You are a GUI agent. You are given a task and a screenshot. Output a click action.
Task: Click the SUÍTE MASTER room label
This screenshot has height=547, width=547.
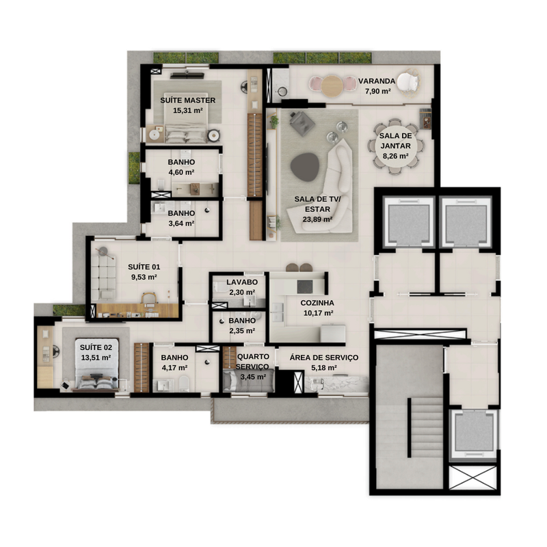pyautogui.click(x=187, y=101)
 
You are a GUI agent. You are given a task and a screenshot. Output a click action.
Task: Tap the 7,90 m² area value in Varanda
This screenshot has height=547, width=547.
pyautogui.click(x=377, y=92)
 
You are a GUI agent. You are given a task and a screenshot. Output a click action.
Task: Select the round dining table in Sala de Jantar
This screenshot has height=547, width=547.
pyautogui.click(x=395, y=146)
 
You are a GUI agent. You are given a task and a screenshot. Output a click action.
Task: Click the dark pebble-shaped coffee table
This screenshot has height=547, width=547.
pyautogui.click(x=305, y=167)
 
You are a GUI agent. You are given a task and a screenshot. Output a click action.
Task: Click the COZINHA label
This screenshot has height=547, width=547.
pyautogui.click(x=317, y=303)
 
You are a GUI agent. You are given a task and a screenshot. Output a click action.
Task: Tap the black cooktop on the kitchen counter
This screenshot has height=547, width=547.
pyautogui.click(x=305, y=286)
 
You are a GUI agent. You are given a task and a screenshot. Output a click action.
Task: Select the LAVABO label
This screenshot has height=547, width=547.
pyautogui.click(x=242, y=282)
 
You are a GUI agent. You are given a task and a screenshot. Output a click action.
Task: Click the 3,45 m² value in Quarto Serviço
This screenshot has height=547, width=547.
pyautogui.click(x=253, y=377)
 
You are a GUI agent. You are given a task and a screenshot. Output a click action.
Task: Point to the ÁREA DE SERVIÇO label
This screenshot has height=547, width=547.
pyautogui.click(x=323, y=358)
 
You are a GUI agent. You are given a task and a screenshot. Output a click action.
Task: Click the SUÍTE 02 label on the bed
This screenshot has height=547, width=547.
pyautogui.click(x=96, y=347)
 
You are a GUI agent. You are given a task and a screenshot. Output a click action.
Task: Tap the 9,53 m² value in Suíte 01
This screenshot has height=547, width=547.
pyautogui.click(x=144, y=277)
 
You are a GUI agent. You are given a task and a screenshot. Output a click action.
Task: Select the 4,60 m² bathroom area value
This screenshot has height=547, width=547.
pyautogui.click(x=181, y=172)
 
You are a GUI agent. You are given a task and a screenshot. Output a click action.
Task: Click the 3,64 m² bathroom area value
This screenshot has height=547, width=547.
pyautogui.click(x=181, y=224)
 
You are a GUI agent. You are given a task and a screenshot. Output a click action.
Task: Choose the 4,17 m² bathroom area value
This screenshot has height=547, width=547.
pyautogui.click(x=174, y=368)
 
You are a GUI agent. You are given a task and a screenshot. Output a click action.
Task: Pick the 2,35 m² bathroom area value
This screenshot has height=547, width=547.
pyautogui.click(x=242, y=330)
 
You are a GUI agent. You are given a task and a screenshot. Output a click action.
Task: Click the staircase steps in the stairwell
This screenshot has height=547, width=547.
pyautogui.click(x=425, y=428)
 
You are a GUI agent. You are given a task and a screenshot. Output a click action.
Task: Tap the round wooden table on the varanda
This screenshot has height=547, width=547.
pyautogui.click(x=332, y=86)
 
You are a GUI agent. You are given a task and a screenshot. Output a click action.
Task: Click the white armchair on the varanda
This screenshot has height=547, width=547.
pyautogui.click(x=408, y=82)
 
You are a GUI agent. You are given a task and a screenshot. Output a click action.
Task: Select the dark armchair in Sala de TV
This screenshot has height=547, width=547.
pyautogui.click(x=301, y=122)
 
